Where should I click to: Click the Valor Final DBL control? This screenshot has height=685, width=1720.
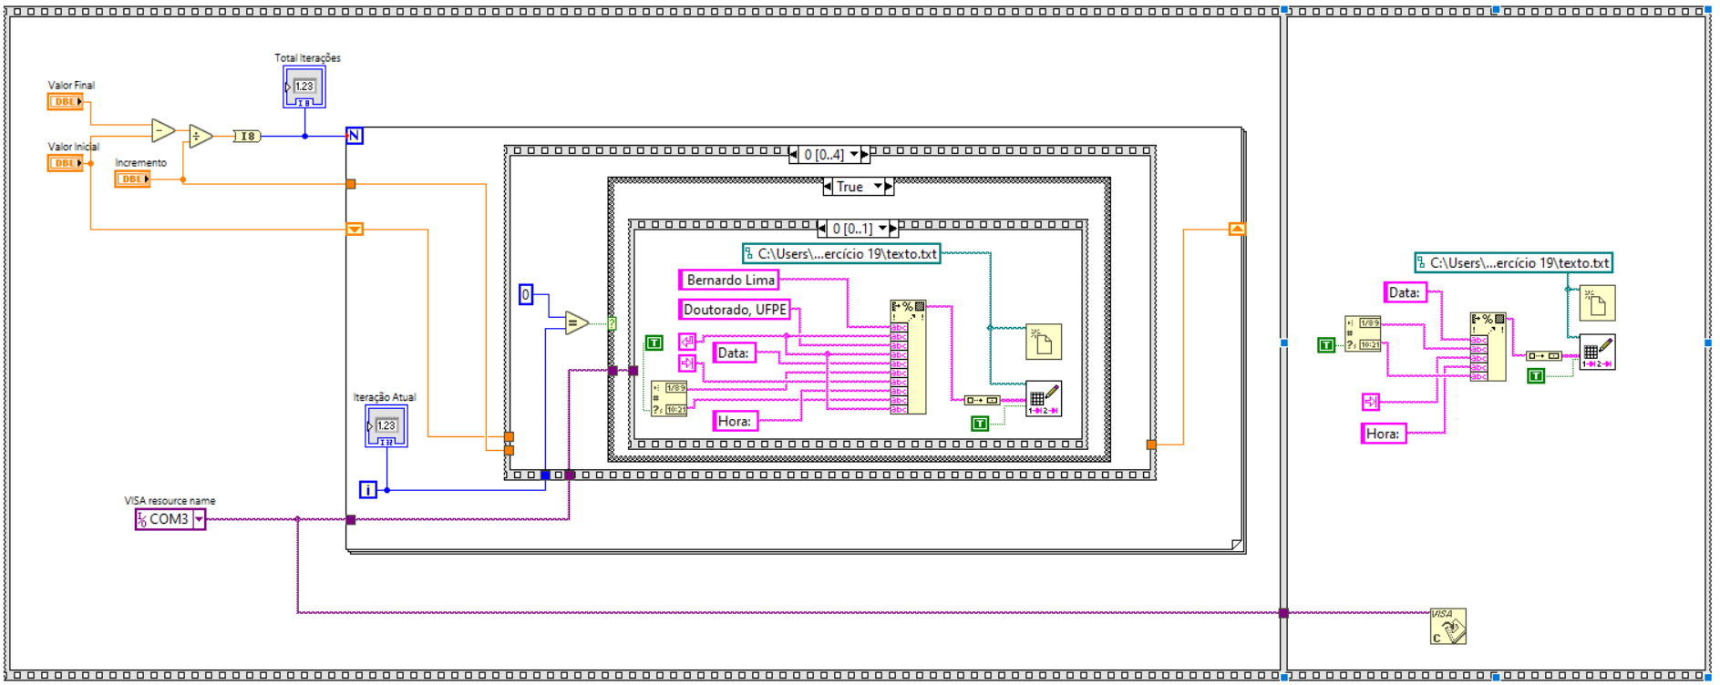point(65,102)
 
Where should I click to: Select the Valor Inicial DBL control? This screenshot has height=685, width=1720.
point(65,163)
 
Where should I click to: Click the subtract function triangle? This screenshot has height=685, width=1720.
point(162,131)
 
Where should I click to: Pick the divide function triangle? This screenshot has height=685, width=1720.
point(200,137)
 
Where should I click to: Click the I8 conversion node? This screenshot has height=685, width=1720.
point(247,137)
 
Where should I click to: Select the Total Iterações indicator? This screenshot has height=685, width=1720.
point(304,87)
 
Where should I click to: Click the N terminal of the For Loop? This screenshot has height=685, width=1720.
point(355,136)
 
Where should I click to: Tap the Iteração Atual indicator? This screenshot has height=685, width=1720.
point(386,426)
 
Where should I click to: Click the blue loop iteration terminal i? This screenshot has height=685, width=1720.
point(367,490)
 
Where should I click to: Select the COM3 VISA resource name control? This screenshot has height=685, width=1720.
point(170,519)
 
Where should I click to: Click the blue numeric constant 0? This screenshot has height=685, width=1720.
point(525,294)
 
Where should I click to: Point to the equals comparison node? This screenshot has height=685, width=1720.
point(576,322)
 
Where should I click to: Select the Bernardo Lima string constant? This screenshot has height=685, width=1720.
point(729,280)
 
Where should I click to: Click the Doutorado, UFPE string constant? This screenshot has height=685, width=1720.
point(734,310)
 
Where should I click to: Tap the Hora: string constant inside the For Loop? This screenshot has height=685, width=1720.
point(734,421)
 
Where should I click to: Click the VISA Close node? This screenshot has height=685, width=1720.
point(1447,627)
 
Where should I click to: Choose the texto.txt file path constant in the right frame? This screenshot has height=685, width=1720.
point(1513,263)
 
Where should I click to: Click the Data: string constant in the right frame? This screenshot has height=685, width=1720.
point(1404,292)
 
